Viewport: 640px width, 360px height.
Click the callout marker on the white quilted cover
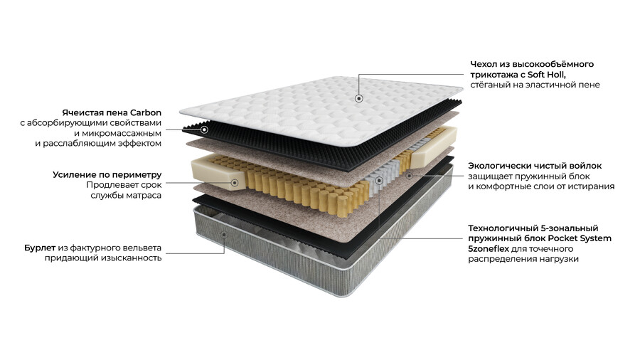pos(359,98)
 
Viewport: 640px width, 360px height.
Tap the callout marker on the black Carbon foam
pos(205,129)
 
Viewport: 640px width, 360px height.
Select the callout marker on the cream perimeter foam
pos(235,183)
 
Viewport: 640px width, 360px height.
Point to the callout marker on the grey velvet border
pos(224,234)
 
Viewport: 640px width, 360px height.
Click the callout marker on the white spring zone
pos(379,180)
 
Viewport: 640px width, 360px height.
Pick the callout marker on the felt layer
pos(410,176)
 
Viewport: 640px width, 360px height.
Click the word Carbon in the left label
pos(146,112)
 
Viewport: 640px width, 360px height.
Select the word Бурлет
pos(40,248)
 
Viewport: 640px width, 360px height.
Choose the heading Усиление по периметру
pos(107,175)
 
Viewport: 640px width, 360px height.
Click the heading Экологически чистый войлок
pos(535,166)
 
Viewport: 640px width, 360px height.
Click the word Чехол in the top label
pos(482,64)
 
